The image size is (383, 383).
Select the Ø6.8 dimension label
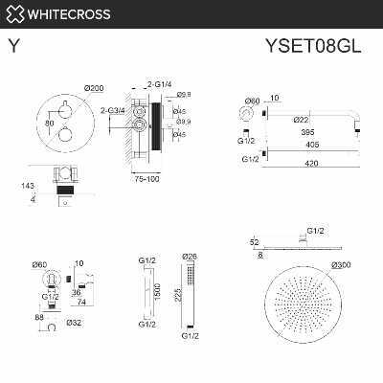tap(185, 95)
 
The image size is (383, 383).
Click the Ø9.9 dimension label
tap(185, 122)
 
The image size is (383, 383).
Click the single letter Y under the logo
tap(12, 45)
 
